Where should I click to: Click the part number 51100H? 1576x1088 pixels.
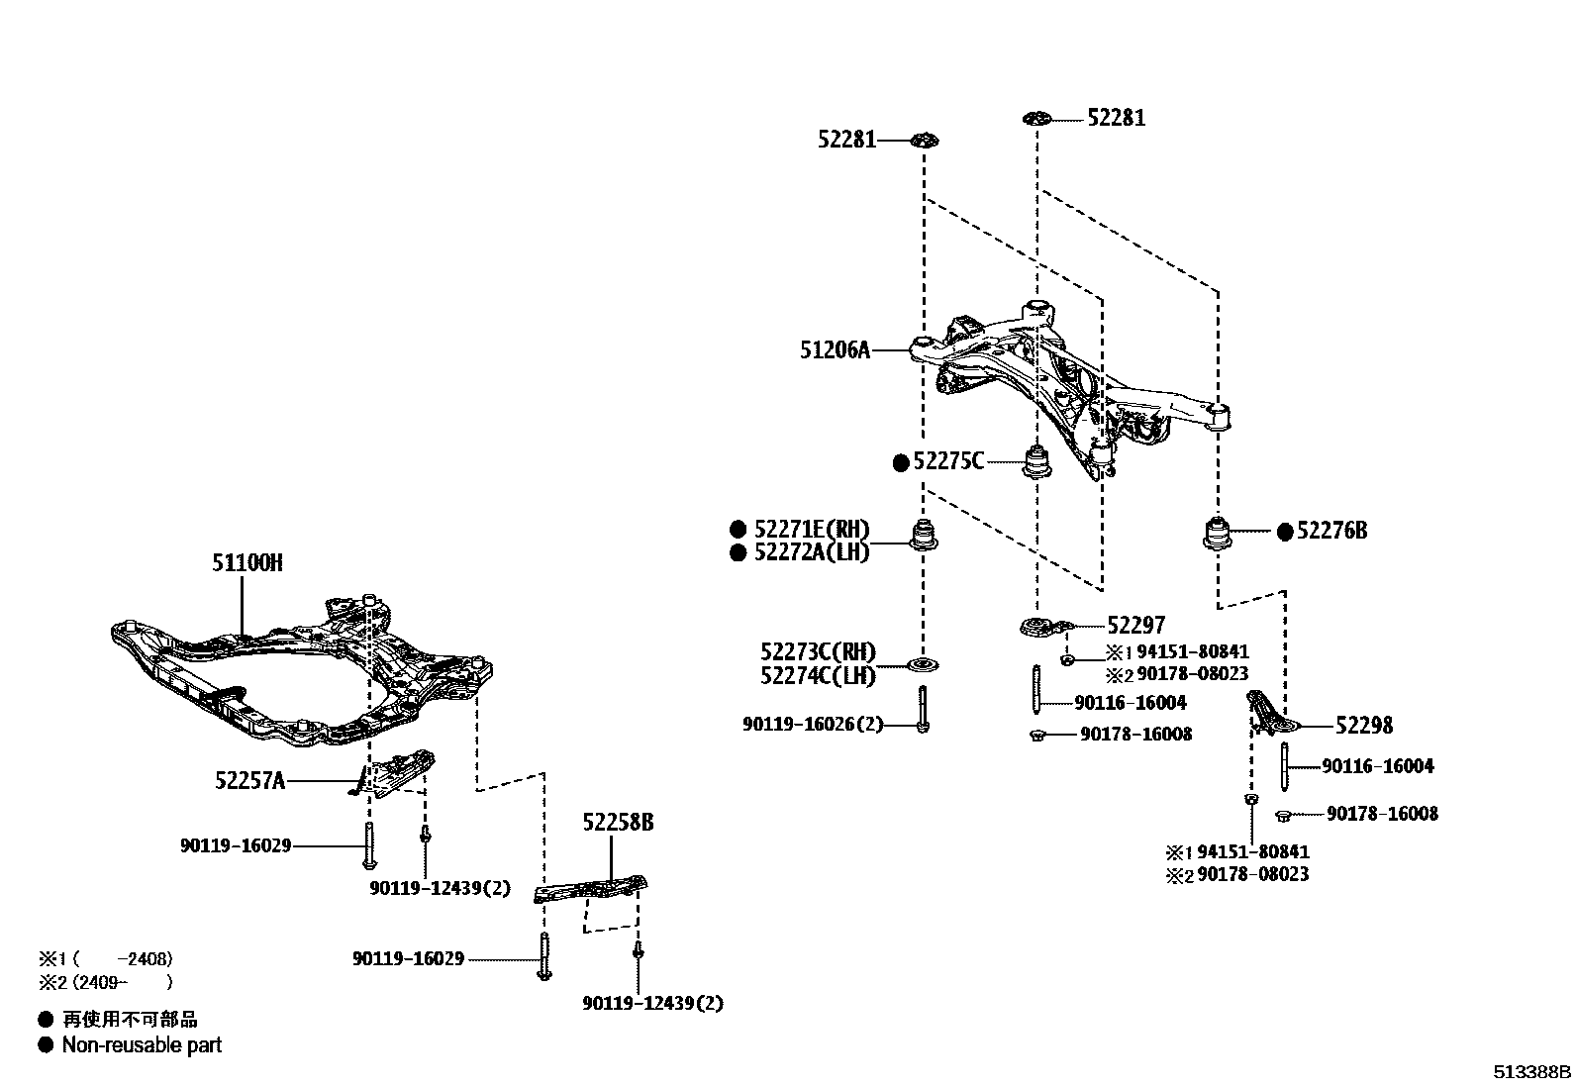tap(246, 563)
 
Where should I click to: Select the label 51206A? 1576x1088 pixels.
tap(835, 349)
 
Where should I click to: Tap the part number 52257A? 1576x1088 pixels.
tap(249, 781)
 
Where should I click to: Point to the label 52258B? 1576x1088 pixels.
tap(618, 823)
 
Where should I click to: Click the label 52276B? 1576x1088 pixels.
tap(1331, 532)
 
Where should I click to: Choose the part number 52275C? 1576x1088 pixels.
tap(948, 461)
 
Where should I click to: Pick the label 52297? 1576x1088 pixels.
tap(1135, 625)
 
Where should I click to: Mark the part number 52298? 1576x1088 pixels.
tap(1363, 726)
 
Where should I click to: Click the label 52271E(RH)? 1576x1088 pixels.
tap(812, 529)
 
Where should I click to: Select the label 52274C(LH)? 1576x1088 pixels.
tap(818, 676)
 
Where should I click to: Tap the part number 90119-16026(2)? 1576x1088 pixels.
tap(812, 726)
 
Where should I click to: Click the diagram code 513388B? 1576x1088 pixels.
tap(1531, 1072)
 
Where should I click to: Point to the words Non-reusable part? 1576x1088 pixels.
tap(142, 1045)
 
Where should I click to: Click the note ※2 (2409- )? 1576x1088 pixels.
tap(106, 983)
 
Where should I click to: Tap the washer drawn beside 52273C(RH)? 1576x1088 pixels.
tap(924, 663)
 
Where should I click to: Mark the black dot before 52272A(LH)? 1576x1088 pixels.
tap(738, 553)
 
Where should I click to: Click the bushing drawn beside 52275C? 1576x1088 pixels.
tap(1036, 461)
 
